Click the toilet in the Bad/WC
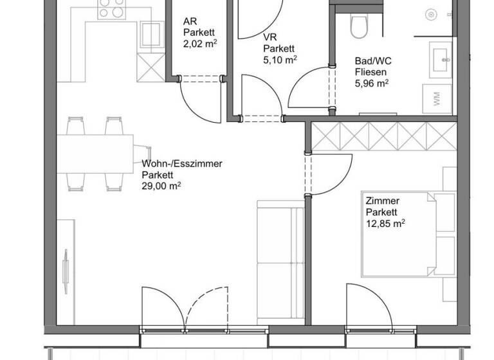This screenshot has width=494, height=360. [x=358, y=26]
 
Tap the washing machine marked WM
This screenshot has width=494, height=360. [x=438, y=100]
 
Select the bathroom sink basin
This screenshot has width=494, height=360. [x=443, y=59]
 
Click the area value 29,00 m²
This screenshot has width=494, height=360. [x=161, y=186]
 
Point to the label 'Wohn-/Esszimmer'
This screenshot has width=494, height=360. [x=182, y=164]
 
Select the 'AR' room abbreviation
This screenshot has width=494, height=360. [x=190, y=21]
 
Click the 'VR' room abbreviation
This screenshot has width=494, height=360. [x=270, y=37]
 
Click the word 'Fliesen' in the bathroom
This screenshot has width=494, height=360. [x=370, y=73]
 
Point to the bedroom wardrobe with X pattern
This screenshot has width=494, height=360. [x=384, y=136]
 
